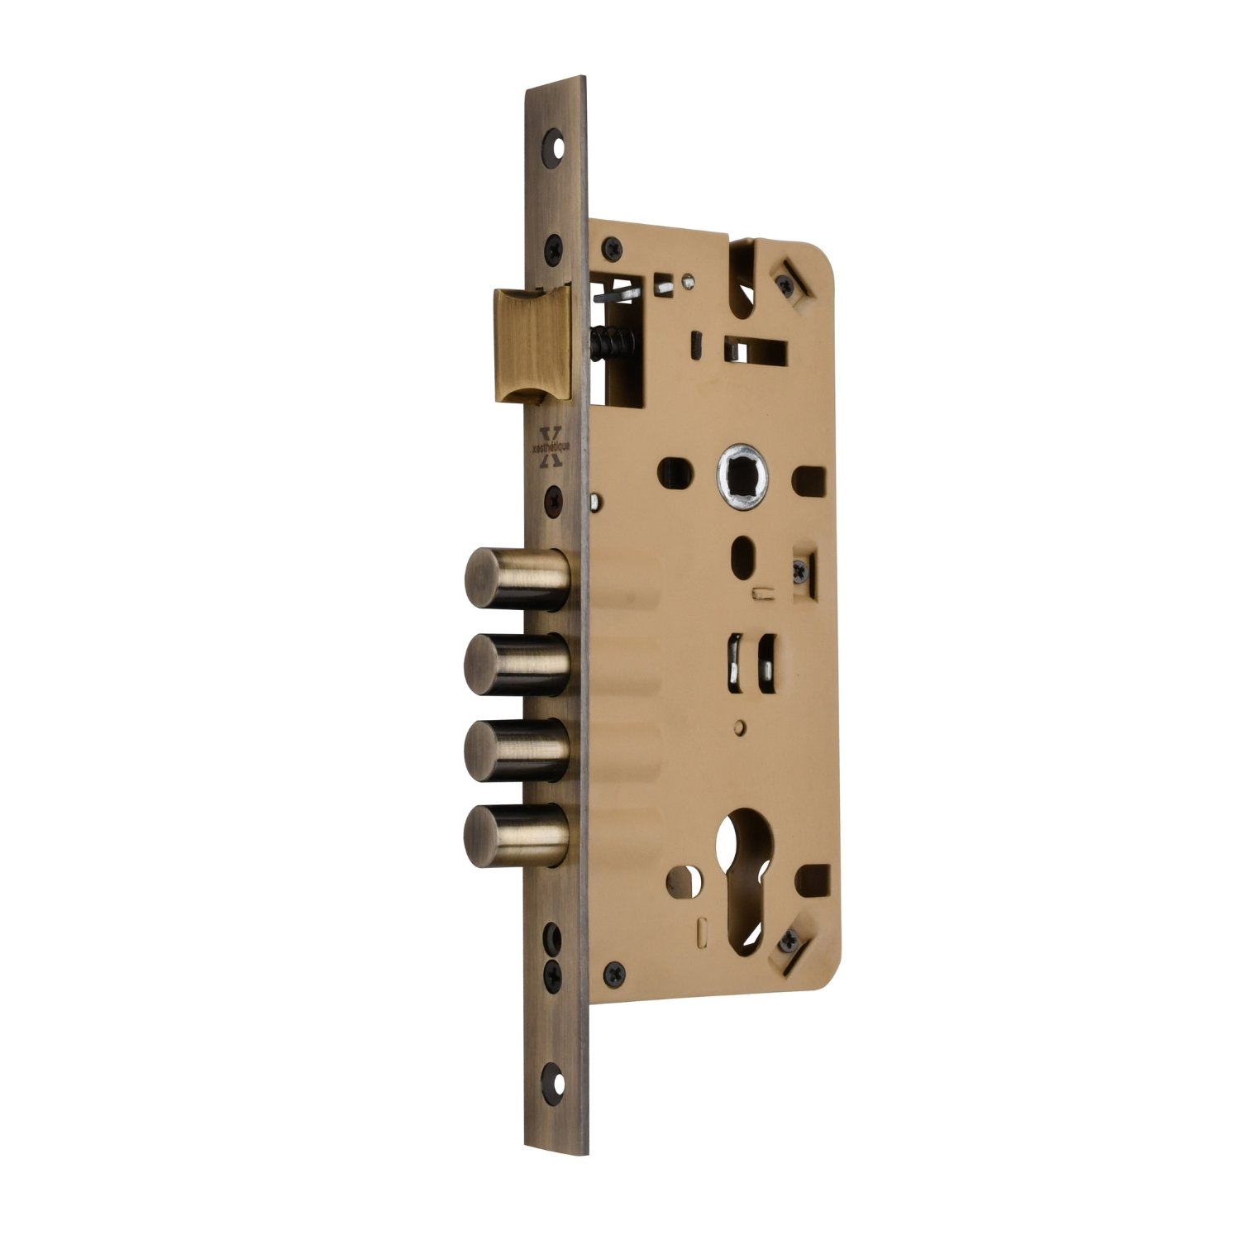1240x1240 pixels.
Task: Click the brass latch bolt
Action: coord(533,344)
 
